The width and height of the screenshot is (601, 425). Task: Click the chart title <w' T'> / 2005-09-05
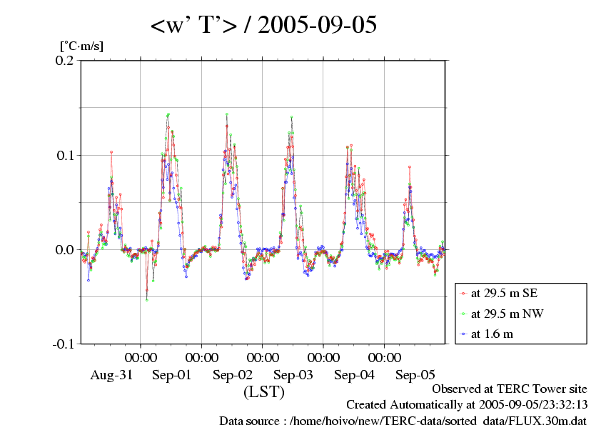[x=263, y=26]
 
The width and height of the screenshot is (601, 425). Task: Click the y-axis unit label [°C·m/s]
[x=81, y=46]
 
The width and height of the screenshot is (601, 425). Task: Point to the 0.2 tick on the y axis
[x=65, y=61]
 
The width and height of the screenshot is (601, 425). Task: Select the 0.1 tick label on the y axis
[x=65, y=155]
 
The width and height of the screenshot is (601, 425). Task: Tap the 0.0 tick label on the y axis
[x=65, y=249]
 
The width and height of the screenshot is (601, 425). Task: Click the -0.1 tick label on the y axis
[x=63, y=344]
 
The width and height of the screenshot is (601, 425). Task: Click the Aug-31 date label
[x=111, y=374]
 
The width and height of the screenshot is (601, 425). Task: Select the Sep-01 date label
[x=172, y=374]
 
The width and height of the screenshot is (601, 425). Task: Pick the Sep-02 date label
[x=233, y=374]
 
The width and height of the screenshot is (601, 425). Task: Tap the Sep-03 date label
[x=293, y=374]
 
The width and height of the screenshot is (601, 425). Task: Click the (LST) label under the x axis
[x=264, y=391]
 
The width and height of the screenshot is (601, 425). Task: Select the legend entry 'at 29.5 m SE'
[x=501, y=293]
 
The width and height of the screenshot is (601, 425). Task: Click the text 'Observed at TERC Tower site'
[x=510, y=389]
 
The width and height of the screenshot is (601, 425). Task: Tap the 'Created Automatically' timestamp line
[x=467, y=404]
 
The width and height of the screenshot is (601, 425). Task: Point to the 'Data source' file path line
[x=403, y=420]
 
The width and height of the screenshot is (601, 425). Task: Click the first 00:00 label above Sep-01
[x=141, y=357]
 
